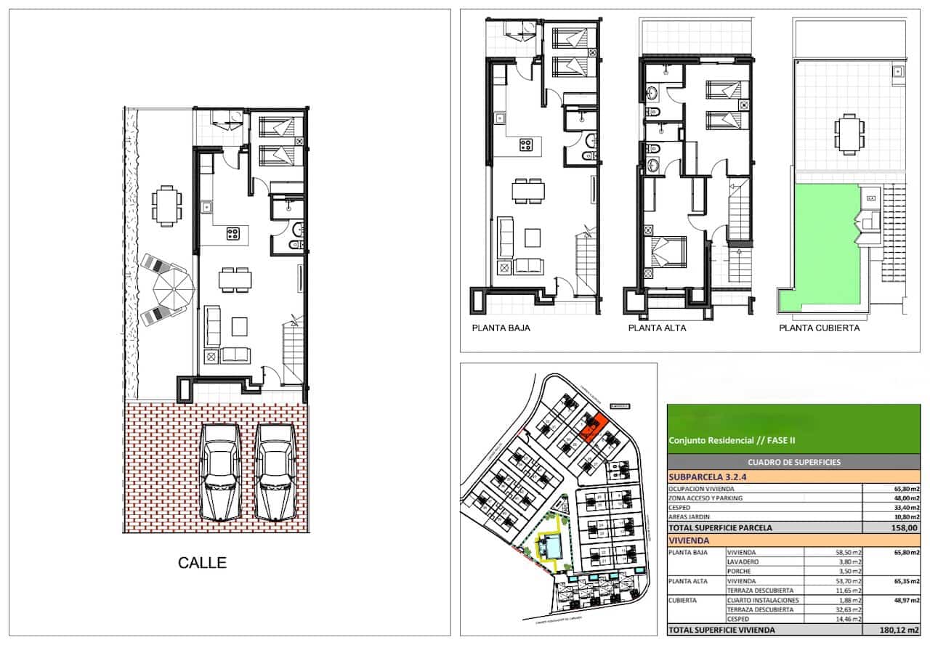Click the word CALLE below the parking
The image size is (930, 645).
pos(203,562)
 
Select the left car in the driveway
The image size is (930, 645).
pos(221,471)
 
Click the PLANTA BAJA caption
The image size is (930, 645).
pos(501,328)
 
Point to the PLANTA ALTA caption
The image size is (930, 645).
pos(657,328)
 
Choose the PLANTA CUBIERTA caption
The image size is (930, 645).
pos(819,328)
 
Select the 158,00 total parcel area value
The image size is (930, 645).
pos(906,528)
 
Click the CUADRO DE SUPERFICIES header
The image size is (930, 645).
pos(793,462)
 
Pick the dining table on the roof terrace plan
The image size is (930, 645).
pos(849,134)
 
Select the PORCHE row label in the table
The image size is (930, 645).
pos(742,571)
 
